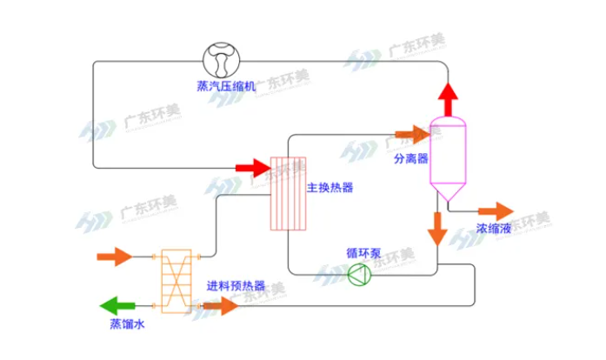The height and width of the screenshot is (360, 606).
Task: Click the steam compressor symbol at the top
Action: click(x=225, y=59)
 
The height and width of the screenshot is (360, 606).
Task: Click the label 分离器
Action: click(x=411, y=159)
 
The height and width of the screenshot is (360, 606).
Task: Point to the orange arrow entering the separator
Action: click(x=412, y=133)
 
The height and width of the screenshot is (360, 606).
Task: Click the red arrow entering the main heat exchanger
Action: click(x=253, y=166)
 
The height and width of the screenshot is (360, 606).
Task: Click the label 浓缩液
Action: click(x=493, y=230)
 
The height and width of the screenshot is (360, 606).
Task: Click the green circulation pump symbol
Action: click(x=358, y=275)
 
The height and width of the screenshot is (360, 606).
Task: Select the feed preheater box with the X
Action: click(x=176, y=281)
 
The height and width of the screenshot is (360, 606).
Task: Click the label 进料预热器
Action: click(x=236, y=287)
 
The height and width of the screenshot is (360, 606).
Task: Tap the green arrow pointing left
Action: click(x=119, y=305)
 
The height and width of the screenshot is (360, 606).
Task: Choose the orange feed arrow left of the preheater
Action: click(x=116, y=257)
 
